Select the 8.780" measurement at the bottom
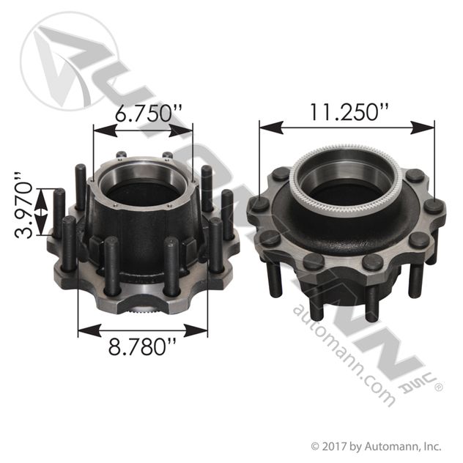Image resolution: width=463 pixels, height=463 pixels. click(143, 347)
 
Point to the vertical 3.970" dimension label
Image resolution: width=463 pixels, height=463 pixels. click(23, 205)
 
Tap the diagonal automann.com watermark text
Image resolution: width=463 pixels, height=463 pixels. click(344, 355)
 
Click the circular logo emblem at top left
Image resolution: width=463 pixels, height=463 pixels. click(69, 62)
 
